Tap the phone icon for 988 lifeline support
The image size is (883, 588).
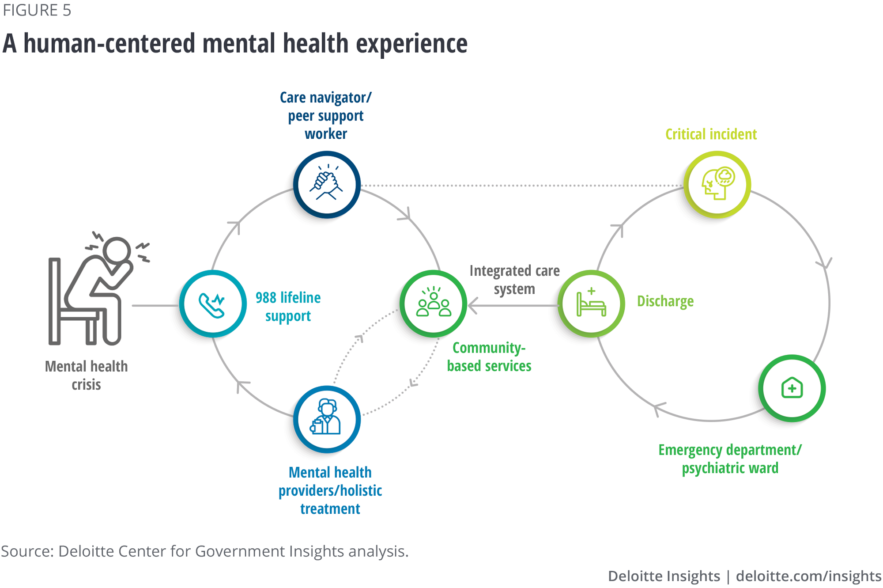[x=212, y=304]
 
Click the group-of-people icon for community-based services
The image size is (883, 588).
[x=434, y=303]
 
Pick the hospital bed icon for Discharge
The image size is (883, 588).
[x=591, y=303]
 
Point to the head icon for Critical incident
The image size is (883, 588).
[x=717, y=184]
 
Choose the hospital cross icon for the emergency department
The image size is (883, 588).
[x=792, y=388]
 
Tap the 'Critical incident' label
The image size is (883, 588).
[x=711, y=134]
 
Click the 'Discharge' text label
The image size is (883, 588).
[x=665, y=301]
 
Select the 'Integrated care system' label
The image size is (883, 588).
[x=514, y=280]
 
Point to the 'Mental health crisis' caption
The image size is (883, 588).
[x=87, y=376]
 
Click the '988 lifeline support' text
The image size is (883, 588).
[x=288, y=307]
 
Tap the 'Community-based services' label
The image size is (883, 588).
[x=489, y=357]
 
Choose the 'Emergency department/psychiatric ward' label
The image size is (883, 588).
[x=730, y=459]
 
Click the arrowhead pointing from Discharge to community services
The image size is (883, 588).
[x=472, y=305]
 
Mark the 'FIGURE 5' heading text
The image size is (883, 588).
[x=37, y=10]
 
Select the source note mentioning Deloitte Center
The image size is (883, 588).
[x=205, y=551]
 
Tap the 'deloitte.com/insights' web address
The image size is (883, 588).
[x=808, y=576]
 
